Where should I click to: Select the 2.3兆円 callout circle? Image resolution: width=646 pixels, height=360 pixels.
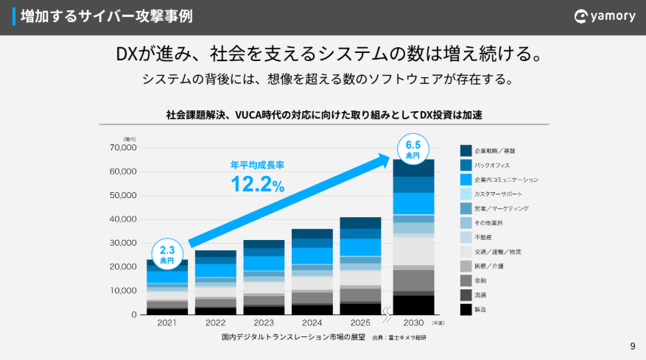pyautogui.click(x=166, y=254)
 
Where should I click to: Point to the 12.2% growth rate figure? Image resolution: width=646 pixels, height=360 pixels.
pyautogui.click(x=256, y=184)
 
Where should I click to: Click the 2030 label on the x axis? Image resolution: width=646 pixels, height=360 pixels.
pyautogui.click(x=412, y=322)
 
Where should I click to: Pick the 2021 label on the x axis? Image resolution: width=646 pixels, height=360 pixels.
pyautogui.click(x=166, y=322)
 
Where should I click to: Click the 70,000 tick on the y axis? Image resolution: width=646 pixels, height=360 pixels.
pyautogui.click(x=122, y=148)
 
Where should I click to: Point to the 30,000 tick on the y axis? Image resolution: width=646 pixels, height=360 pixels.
pyautogui.click(x=122, y=243)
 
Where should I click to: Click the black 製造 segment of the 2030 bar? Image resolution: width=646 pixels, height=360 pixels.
pyautogui.click(x=412, y=305)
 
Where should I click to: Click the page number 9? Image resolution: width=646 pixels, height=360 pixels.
pyautogui.click(x=632, y=346)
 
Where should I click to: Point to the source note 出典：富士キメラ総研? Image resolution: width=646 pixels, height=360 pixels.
pyautogui.click(x=399, y=337)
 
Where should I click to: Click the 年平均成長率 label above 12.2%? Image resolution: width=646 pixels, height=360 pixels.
pyautogui.click(x=257, y=165)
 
